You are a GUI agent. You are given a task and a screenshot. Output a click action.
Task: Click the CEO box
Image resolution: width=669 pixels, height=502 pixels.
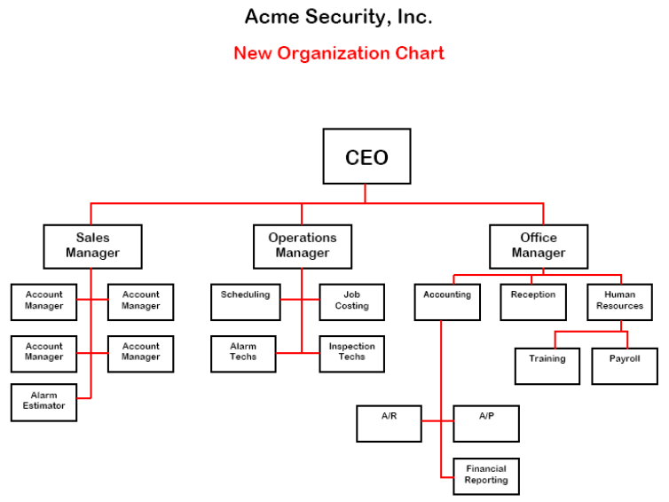pos(366,157)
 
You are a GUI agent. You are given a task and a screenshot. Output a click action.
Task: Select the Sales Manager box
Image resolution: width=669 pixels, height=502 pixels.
pos(92,246)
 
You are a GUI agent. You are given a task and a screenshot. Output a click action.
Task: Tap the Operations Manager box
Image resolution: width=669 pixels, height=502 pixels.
pos(303,246)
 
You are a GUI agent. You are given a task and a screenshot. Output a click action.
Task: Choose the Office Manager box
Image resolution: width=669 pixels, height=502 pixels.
pos(539,246)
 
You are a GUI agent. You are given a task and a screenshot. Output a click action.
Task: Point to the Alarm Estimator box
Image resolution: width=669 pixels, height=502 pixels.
pos(44,402)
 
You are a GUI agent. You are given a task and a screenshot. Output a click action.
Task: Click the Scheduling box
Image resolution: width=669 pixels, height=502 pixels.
pos(246,302)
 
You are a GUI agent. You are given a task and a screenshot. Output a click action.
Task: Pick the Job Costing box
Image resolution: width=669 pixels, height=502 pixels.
pos(352,302)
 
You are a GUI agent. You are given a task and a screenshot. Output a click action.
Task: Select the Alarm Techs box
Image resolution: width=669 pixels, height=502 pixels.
pos(243,353)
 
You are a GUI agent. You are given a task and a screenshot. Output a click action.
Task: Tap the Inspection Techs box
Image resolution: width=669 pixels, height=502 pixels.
pos(352,353)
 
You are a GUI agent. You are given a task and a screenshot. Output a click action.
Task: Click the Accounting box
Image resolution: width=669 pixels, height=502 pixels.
pos(447,302)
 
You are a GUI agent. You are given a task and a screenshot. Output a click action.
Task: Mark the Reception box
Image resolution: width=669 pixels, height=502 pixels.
pos(533,302)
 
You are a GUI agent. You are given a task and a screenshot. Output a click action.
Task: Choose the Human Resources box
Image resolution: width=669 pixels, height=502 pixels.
pos(619,302)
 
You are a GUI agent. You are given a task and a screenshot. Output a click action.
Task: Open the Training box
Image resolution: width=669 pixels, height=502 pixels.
pos(547,365)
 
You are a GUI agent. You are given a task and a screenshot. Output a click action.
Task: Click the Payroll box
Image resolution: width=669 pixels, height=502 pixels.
pos(625,365)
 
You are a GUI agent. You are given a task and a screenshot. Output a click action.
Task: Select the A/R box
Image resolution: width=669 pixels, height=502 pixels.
pos(390,423)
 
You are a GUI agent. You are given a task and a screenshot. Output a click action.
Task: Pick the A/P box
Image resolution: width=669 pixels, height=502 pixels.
pos(486,423)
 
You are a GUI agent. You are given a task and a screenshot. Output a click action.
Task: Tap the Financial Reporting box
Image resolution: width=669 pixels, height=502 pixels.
pos(486,475)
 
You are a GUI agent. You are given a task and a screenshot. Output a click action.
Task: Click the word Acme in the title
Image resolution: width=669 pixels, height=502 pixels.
pos(269,16)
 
